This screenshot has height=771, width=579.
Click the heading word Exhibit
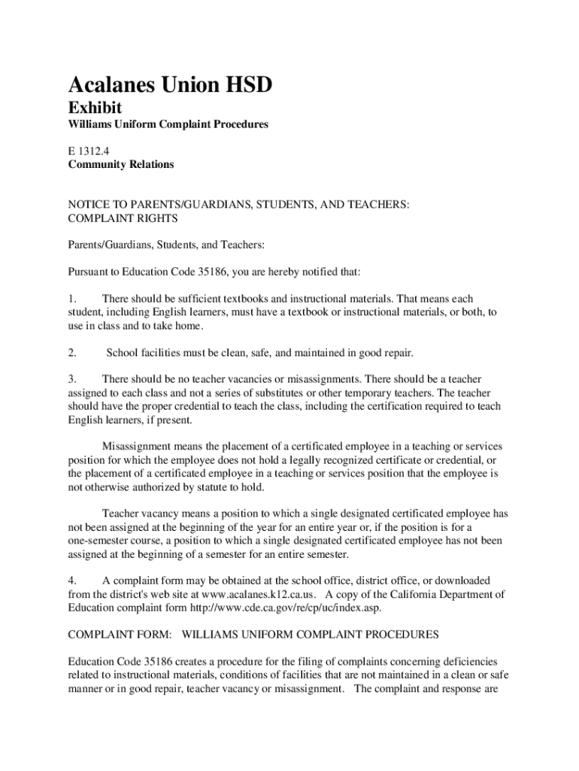[95, 108]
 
